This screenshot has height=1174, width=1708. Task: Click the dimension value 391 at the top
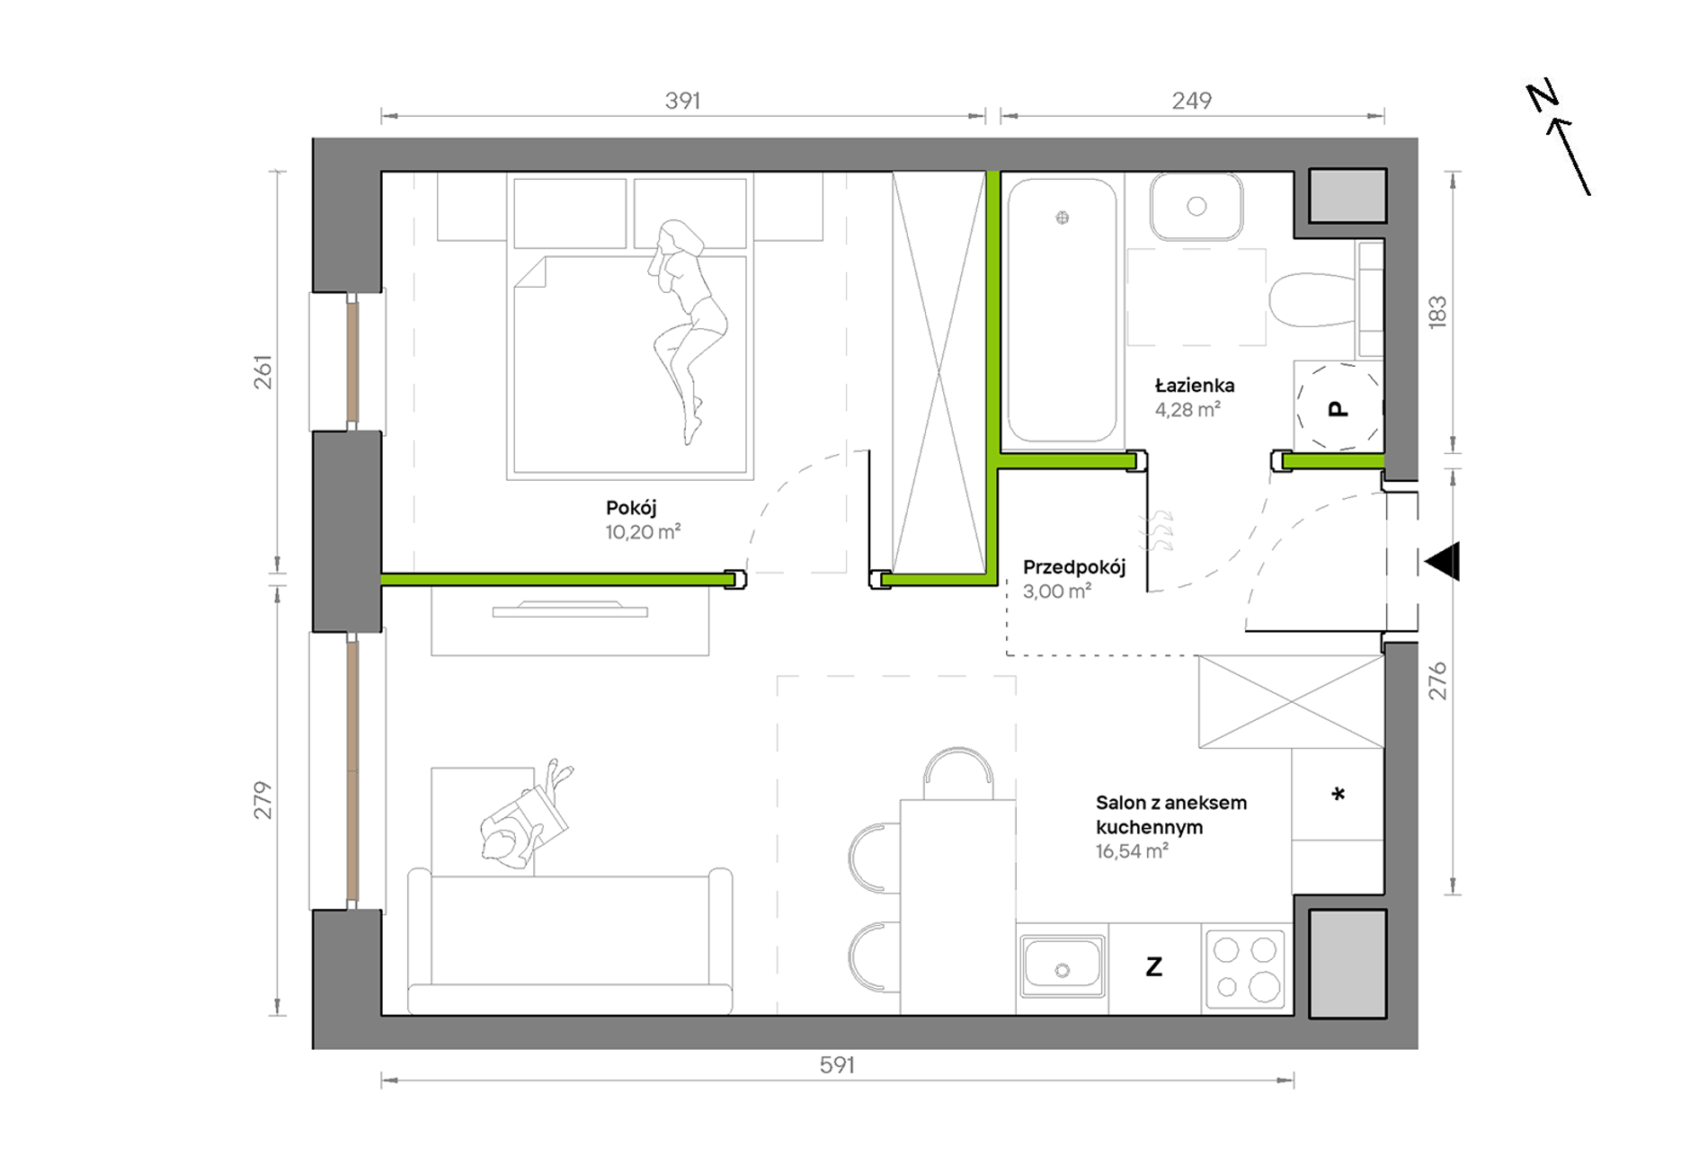coord(682,101)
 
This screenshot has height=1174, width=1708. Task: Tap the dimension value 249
coord(1191,101)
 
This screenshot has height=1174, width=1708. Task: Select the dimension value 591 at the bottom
coord(837,1065)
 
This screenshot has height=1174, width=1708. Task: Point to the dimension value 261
coord(262,372)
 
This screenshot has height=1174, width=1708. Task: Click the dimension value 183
coord(1437,311)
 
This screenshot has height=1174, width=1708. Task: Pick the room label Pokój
coord(631,508)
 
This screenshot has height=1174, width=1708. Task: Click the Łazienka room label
coord(1195,386)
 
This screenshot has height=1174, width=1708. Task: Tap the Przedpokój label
coord(1074,567)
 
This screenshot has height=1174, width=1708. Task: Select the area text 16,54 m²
coord(1132,851)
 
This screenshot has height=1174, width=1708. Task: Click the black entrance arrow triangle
coord(1443,562)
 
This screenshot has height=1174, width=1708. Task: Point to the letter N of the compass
coord(1543,96)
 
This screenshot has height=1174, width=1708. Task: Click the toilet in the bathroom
coord(1312,300)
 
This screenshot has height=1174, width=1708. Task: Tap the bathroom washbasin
coord(1196,207)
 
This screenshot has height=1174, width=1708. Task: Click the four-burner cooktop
coord(1245,967)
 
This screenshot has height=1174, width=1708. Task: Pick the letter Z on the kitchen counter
coord(1154,967)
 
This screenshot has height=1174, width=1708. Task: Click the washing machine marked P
coord(1338,406)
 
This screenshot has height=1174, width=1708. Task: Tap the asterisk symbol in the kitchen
coord(1338,795)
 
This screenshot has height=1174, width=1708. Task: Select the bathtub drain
coord(1063,218)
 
